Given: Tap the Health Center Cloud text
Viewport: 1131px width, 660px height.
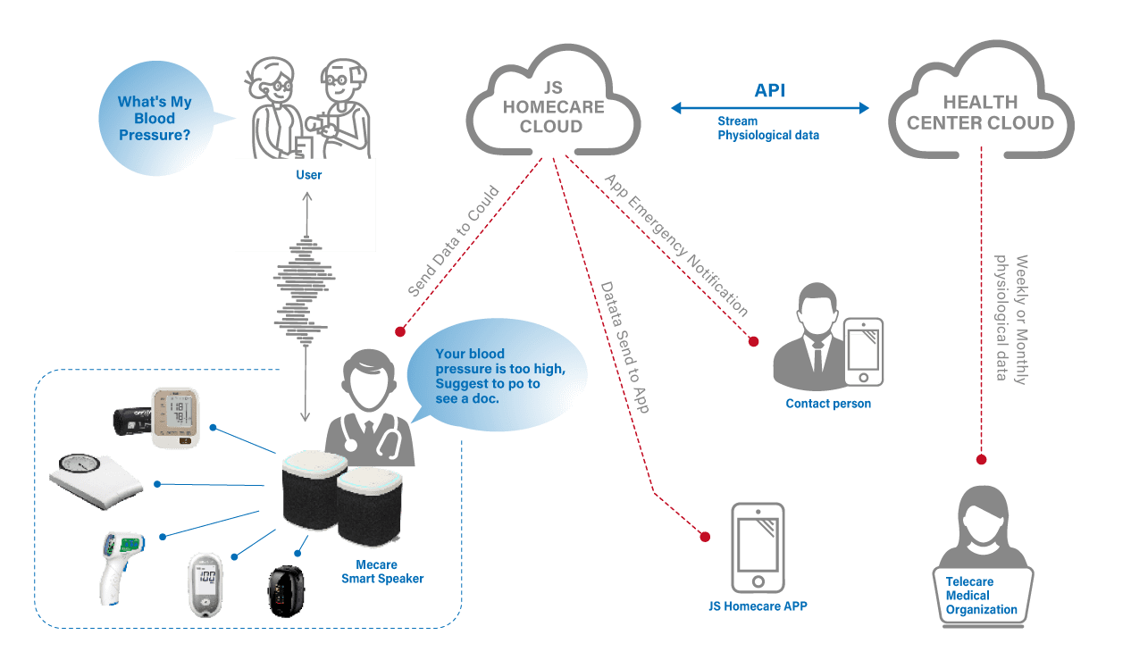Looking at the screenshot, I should tap(980, 113).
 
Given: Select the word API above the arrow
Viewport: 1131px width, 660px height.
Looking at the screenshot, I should tap(770, 91).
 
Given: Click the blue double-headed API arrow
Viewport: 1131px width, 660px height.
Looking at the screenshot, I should tap(770, 108).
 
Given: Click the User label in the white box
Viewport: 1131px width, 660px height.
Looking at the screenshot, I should tap(309, 175).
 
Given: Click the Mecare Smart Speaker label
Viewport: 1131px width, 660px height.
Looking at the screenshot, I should tap(382, 572).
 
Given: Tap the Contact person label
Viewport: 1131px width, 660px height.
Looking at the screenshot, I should tap(828, 404).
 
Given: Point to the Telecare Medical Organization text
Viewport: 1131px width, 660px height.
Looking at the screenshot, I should tap(982, 596).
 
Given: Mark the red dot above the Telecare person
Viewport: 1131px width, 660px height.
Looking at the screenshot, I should tap(981, 460).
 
